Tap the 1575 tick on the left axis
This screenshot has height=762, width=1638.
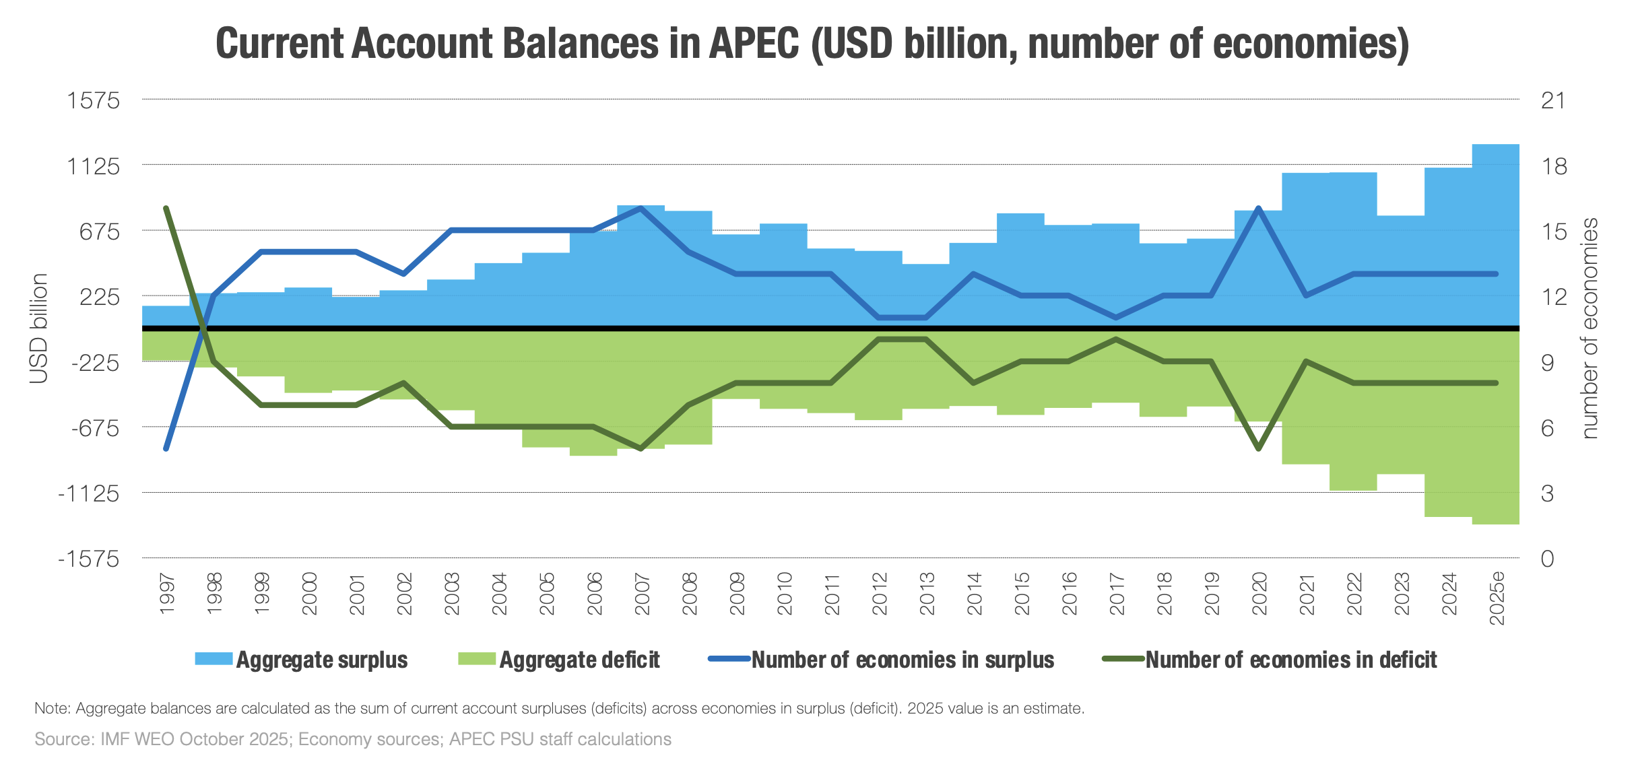pyautogui.click(x=93, y=101)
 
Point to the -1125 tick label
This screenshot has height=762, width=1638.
pyautogui.click(x=89, y=494)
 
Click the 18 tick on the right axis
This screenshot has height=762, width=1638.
pyautogui.click(x=1554, y=166)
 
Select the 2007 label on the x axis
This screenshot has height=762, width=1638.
pyautogui.click(x=642, y=594)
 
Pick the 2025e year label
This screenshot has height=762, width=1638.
pyautogui.click(x=1497, y=598)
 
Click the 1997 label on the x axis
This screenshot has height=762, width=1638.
pyautogui.click(x=166, y=594)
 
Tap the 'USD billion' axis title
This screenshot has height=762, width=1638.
pyautogui.click(x=39, y=328)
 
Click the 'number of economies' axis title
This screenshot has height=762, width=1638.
pyautogui.click(x=1590, y=328)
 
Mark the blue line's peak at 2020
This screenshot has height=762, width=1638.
pyautogui.click(x=1258, y=208)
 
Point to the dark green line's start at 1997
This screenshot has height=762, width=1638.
pyautogui.click(x=166, y=208)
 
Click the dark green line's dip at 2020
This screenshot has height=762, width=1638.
pyautogui.click(x=1258, y=448)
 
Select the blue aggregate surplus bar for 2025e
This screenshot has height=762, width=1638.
pyautogui.click(x=1495, y=236)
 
